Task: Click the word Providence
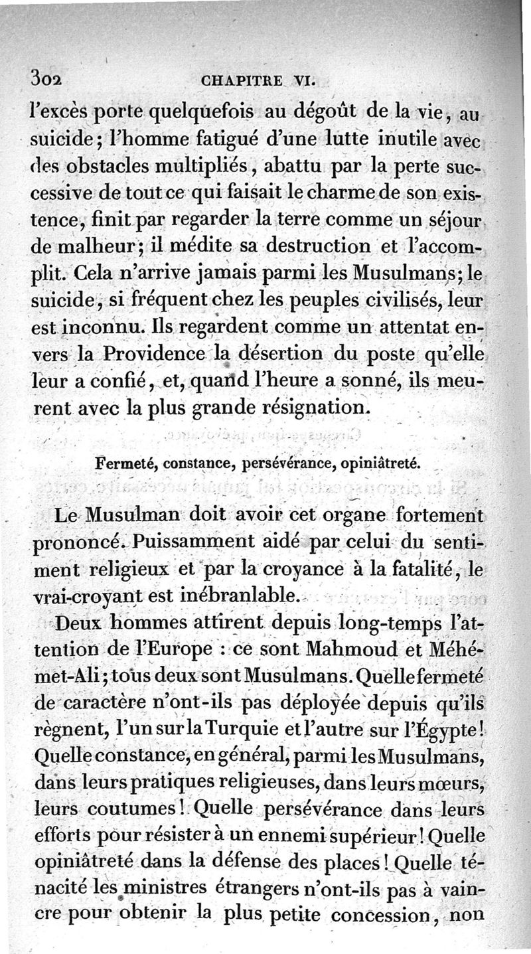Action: click(165, 355)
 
